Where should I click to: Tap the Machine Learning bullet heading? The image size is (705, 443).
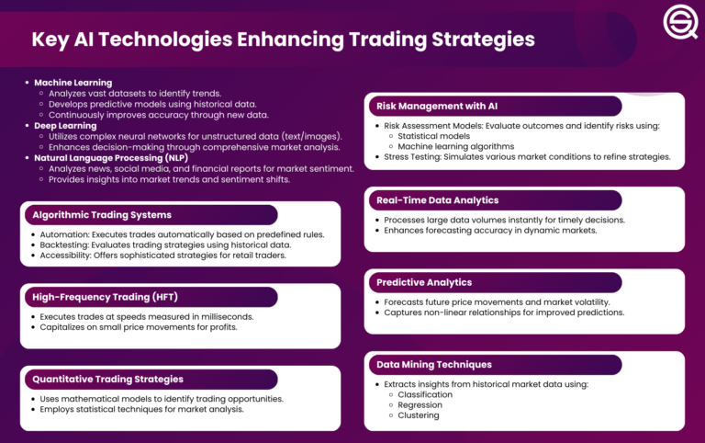pyautogui.click(x=73, y=83)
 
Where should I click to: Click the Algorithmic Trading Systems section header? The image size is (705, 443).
pyautogui.click(x=101, y=214)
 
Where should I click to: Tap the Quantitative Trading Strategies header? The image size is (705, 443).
pyautogui.click(x=107, y=378)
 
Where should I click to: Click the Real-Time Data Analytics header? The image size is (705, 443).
pyautogui.click(x=438, y=199)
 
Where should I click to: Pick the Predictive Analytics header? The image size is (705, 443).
pyautogui.click(x=424, y=282)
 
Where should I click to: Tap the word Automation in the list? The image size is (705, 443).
pyautogui.click(x=66, y=234)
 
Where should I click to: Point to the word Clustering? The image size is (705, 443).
pyautogui.click(x=419, y=415)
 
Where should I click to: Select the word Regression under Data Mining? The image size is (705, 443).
pyautogui.click(x=420, y=404)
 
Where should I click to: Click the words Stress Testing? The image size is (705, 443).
pyautogui.click(x=408, y=157)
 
